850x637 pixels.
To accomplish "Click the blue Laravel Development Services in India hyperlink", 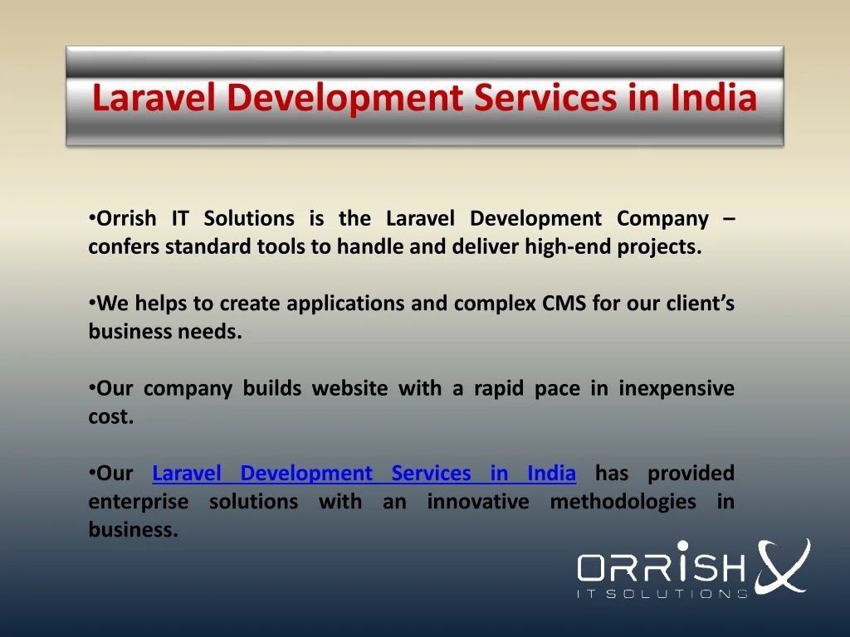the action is (364, 474).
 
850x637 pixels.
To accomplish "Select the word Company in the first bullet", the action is (662, 219).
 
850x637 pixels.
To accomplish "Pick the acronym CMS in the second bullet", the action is (564, 304).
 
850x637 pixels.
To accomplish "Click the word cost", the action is (110, 416).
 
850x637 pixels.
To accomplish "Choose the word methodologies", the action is (623, 503).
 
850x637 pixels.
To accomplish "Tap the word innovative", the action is (478, 502).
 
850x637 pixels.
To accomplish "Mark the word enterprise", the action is (139, 503).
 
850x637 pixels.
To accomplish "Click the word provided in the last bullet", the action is (691, 474).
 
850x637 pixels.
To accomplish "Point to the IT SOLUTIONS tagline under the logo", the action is (662, 594).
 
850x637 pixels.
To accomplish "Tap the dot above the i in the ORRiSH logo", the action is (683, 546).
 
